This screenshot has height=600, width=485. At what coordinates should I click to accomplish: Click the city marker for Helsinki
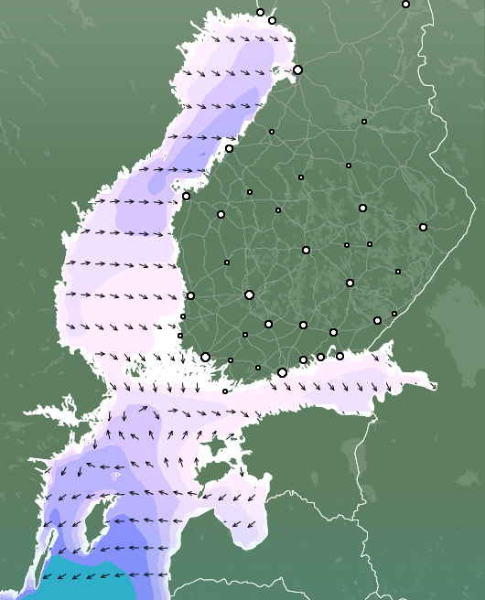click(x=282, y=372)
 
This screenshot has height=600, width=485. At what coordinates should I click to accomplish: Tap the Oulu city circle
click(x=297, y=70)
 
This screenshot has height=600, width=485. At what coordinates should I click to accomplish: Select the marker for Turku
click(x=205, y=357)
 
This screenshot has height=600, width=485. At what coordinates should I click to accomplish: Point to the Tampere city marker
click(x=249, y=295)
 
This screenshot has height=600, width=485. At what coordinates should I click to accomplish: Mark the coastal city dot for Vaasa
click(x=186, y=196)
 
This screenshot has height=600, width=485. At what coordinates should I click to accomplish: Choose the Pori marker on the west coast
click(x=190, y=295)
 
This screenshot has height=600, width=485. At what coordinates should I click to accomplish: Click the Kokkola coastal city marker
click(x=229, y=148)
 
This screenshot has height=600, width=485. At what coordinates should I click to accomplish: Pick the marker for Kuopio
click(x=362, y=208)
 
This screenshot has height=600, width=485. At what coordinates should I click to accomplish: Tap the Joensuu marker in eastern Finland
click(x=423, y=227)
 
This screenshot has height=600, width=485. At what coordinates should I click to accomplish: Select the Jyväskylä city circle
click(x=306, y=250)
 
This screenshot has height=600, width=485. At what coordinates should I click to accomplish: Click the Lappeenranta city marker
click(x=377, y=320)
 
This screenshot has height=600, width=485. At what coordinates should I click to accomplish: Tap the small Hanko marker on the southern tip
click(x=225, y=391)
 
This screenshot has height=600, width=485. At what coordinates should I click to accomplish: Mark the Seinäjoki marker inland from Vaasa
click(x=221, y=214)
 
